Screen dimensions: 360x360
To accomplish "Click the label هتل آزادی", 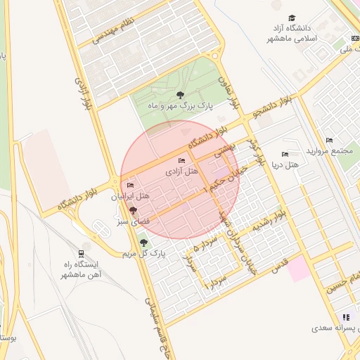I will click(182, 172).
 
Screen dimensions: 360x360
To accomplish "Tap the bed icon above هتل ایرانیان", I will click(129, 186).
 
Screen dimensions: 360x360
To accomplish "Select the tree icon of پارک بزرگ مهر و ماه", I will click(181, 94).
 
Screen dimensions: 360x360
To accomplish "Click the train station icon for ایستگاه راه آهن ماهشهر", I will click(82, 254).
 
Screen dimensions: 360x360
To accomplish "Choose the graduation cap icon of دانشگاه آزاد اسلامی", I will click(292, 18).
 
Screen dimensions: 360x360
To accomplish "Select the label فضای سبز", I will click(132, 221).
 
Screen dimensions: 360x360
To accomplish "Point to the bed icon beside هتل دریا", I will click(285, 155).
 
